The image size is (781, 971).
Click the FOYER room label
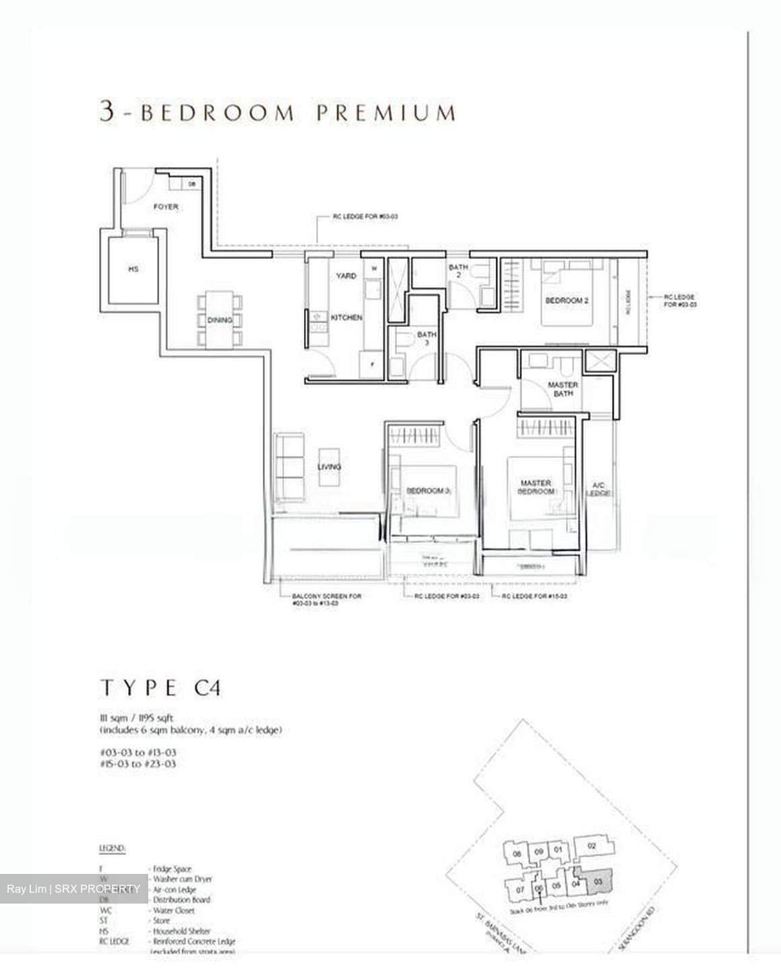click(166, 207)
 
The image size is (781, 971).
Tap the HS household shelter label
click(133, 269)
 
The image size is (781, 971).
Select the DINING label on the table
click(220, 320)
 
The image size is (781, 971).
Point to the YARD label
click(346, 276)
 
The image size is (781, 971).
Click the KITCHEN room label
click(346, 317)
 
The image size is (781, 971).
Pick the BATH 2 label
click(458, 271)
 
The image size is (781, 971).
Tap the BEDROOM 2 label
click(567, 301)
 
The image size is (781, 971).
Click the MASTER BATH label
click(563, 389)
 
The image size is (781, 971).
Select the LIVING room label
click(330, 467)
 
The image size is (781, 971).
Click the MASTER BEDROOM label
click(536, 487)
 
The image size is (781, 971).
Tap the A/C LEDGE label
click(597, 489)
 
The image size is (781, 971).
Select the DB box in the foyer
click(191, 183)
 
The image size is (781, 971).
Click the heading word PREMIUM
click(387, 112)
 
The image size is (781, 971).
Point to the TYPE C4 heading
click(160, 688)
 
